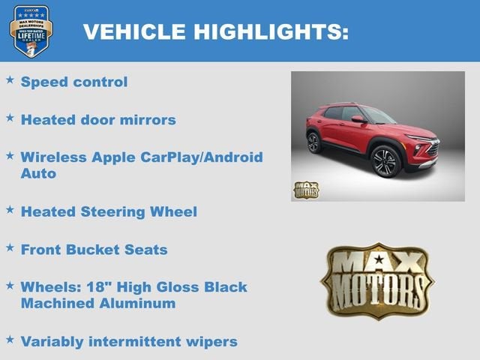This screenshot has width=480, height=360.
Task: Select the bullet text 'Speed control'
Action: [x=74, y=82]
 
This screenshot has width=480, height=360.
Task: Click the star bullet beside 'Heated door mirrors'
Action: [x=10, y=118]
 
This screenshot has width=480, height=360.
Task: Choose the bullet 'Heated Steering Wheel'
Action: [x=109, y=211]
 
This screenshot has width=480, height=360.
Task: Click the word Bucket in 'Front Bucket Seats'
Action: [x=103, y=249]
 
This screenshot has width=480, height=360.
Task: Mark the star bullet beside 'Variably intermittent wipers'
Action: [x=10, y=340]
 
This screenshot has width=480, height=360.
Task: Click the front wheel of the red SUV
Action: [x=385, y=160]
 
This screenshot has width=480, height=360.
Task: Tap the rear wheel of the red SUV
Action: [x=314, y=142]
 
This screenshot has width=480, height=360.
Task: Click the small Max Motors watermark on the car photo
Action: [x=305, y=190]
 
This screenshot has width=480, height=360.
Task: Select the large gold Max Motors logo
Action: [x=376, y=280]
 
